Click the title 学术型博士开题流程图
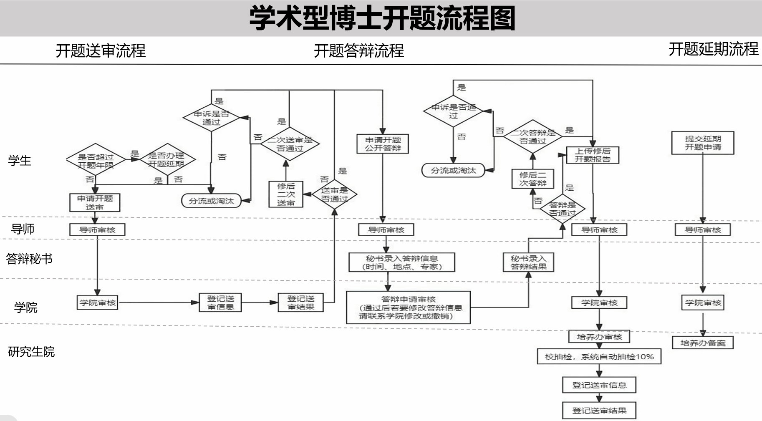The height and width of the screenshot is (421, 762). click(x=382, y=18)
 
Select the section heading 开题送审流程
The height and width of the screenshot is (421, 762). click(x=101, y=50)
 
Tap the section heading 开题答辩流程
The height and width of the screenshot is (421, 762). click(x=359, y=50)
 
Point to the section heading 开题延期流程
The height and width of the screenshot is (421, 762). click(x=713, y=49)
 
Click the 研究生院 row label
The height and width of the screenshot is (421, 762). click(x=31, y=352)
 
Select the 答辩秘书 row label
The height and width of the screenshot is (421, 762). click(x=29, y=259)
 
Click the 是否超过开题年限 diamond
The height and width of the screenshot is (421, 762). click(x=96, y=161)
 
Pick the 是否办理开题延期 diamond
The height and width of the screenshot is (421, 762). click(x=166, y=159)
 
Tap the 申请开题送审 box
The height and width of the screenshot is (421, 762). click(x=95, y=202)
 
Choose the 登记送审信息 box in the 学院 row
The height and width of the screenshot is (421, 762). click(x=221, y=303)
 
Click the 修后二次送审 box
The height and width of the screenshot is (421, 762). click(x=286, y=194)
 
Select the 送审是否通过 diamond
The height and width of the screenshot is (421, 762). click(x=334, y=194)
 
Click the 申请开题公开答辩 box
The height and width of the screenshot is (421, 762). click(x=383, y=144)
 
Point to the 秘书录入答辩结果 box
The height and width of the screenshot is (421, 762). click(x=528, y=262)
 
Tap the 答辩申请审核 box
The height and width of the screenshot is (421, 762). click(x=408, y=308)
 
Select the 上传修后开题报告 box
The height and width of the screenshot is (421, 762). click(x=592, y=155)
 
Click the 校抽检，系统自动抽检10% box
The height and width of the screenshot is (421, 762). click(x=599, y=357)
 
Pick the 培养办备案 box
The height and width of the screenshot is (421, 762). click(x=703, y=343)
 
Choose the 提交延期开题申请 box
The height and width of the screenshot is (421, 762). click(x=703, y=143)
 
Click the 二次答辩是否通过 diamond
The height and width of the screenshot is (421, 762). click(x=533, y=136)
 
